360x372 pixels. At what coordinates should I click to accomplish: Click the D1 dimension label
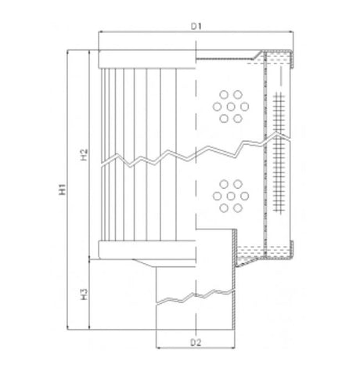pyautogui.click(x=198, y=26)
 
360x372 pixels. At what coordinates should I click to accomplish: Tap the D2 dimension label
pyautogui.click(x=196, y=342)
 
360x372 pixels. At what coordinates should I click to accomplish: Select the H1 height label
pyautogui.click(x=61, y=189)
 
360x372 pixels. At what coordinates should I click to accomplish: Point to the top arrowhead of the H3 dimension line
pyautogui.click(x=92, y=262)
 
